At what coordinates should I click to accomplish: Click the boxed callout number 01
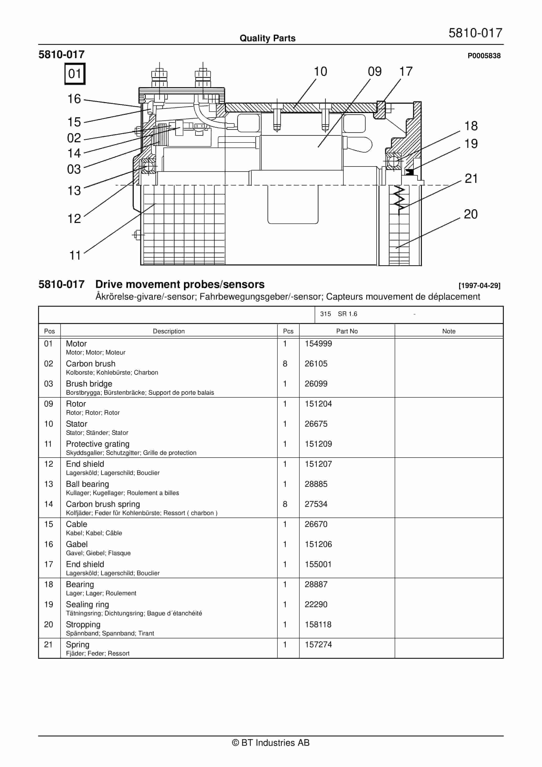tap(75, 74)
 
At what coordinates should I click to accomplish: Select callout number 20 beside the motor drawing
tap(470, 214)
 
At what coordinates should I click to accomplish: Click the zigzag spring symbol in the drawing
tap(399, 200)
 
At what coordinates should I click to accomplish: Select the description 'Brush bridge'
tap(89, 383)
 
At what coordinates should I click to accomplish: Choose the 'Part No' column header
tap(347, 331)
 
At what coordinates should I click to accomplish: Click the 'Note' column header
tap(449, 331)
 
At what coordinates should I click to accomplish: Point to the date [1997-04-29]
tap(479, 286)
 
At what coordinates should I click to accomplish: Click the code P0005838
tap(484, 56)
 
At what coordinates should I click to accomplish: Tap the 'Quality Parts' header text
tap(267, 38)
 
